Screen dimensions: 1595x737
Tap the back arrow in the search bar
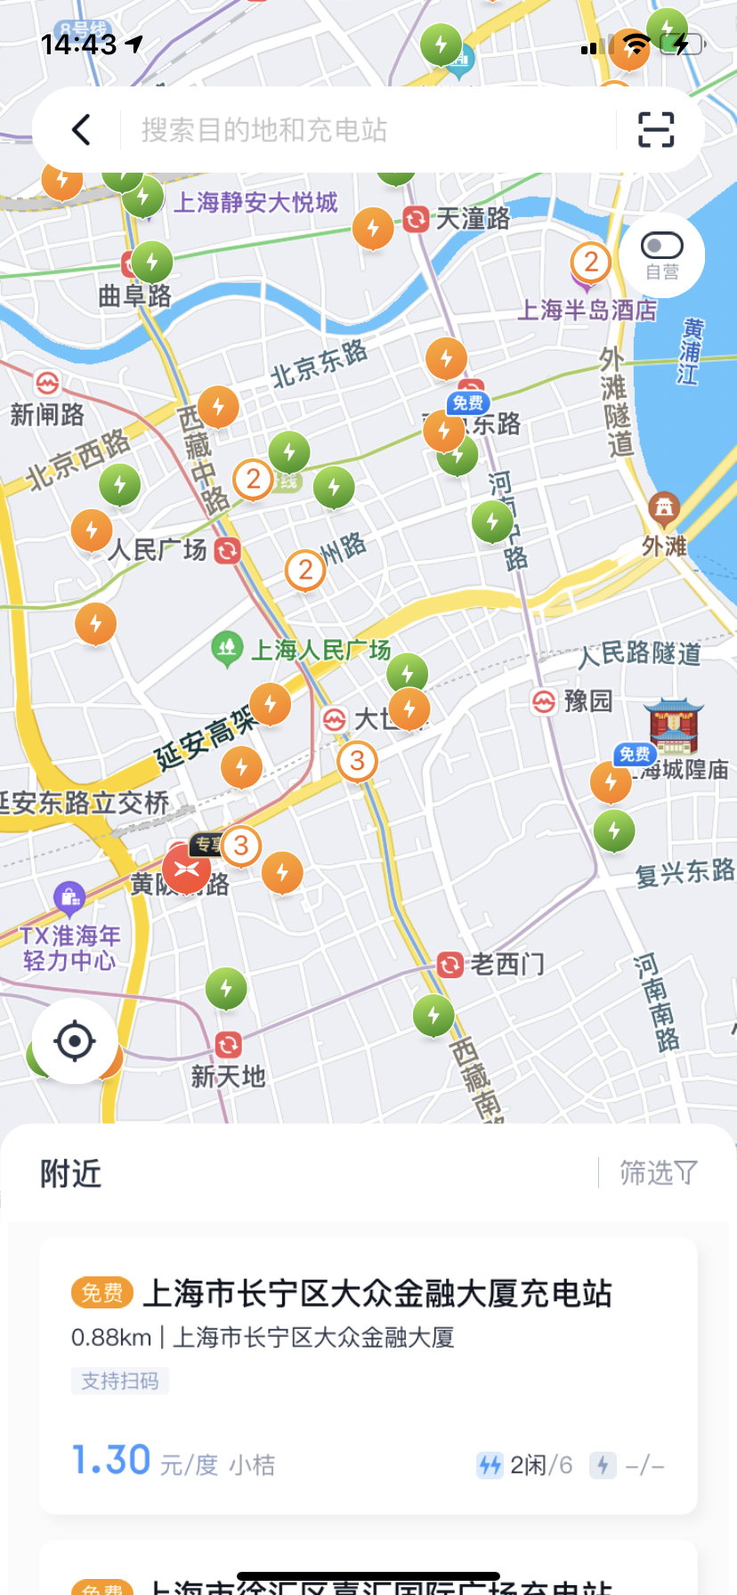[x=81, y=130]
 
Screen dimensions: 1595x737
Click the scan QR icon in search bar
[x=656, y=130]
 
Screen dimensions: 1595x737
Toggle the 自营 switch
[x=661, y=246]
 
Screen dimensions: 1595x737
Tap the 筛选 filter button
[x=658, y=1173]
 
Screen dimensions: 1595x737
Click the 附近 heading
[x=70, y=1174]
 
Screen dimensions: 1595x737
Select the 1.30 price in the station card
[x=111, y=1460]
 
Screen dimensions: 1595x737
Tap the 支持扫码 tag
[x=120, y=1380]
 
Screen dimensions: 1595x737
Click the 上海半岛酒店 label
[x=587, y=310]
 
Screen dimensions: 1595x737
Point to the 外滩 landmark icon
[x=663, y=509]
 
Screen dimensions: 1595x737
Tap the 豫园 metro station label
[x=587, y=701]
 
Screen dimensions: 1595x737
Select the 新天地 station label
[x=228, y=1076]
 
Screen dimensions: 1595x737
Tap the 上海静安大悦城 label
[x=255, y=203]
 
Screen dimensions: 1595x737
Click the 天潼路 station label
[x=472, y=218]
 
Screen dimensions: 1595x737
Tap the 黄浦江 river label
[x=690, y=352]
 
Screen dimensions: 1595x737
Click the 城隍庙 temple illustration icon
[x=674, y=725]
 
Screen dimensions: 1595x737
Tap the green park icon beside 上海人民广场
[x=227, y=648]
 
